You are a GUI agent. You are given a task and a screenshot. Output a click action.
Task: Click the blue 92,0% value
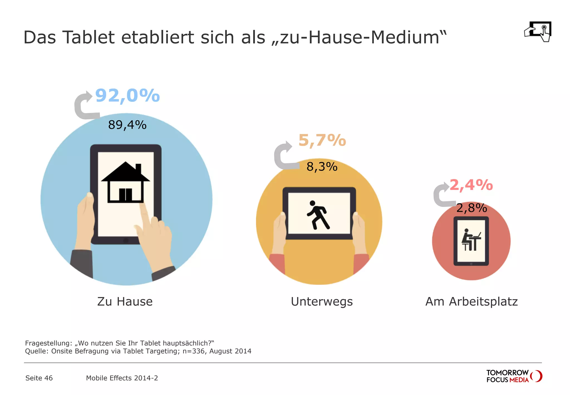coord(127,96)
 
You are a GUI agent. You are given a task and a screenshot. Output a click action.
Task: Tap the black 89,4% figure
coord(127,125)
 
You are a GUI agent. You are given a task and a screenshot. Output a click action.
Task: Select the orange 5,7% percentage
coord(322,140)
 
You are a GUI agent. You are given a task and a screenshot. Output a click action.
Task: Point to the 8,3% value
coord(322,167)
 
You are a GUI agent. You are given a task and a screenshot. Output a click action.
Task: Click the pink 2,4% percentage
coord(471,185)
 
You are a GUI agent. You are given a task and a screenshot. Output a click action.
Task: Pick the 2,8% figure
coord(471,208)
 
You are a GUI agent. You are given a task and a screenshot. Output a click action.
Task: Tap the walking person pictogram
coord(318,215)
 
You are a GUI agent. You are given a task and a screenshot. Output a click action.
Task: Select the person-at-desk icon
coord(471,240)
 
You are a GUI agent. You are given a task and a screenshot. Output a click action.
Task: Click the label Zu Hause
coord(125,302)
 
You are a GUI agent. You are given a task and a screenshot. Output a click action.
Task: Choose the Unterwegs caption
coord(322,302)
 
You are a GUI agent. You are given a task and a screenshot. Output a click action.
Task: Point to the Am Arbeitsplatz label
coord(471,302)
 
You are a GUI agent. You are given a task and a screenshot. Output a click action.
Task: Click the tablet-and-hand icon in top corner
coord(538,32)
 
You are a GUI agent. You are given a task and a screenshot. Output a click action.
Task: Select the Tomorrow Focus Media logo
coord(514,376)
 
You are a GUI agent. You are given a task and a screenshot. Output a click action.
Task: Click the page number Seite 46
coord(39,378)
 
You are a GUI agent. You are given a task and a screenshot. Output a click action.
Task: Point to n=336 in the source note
coord(193,351)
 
